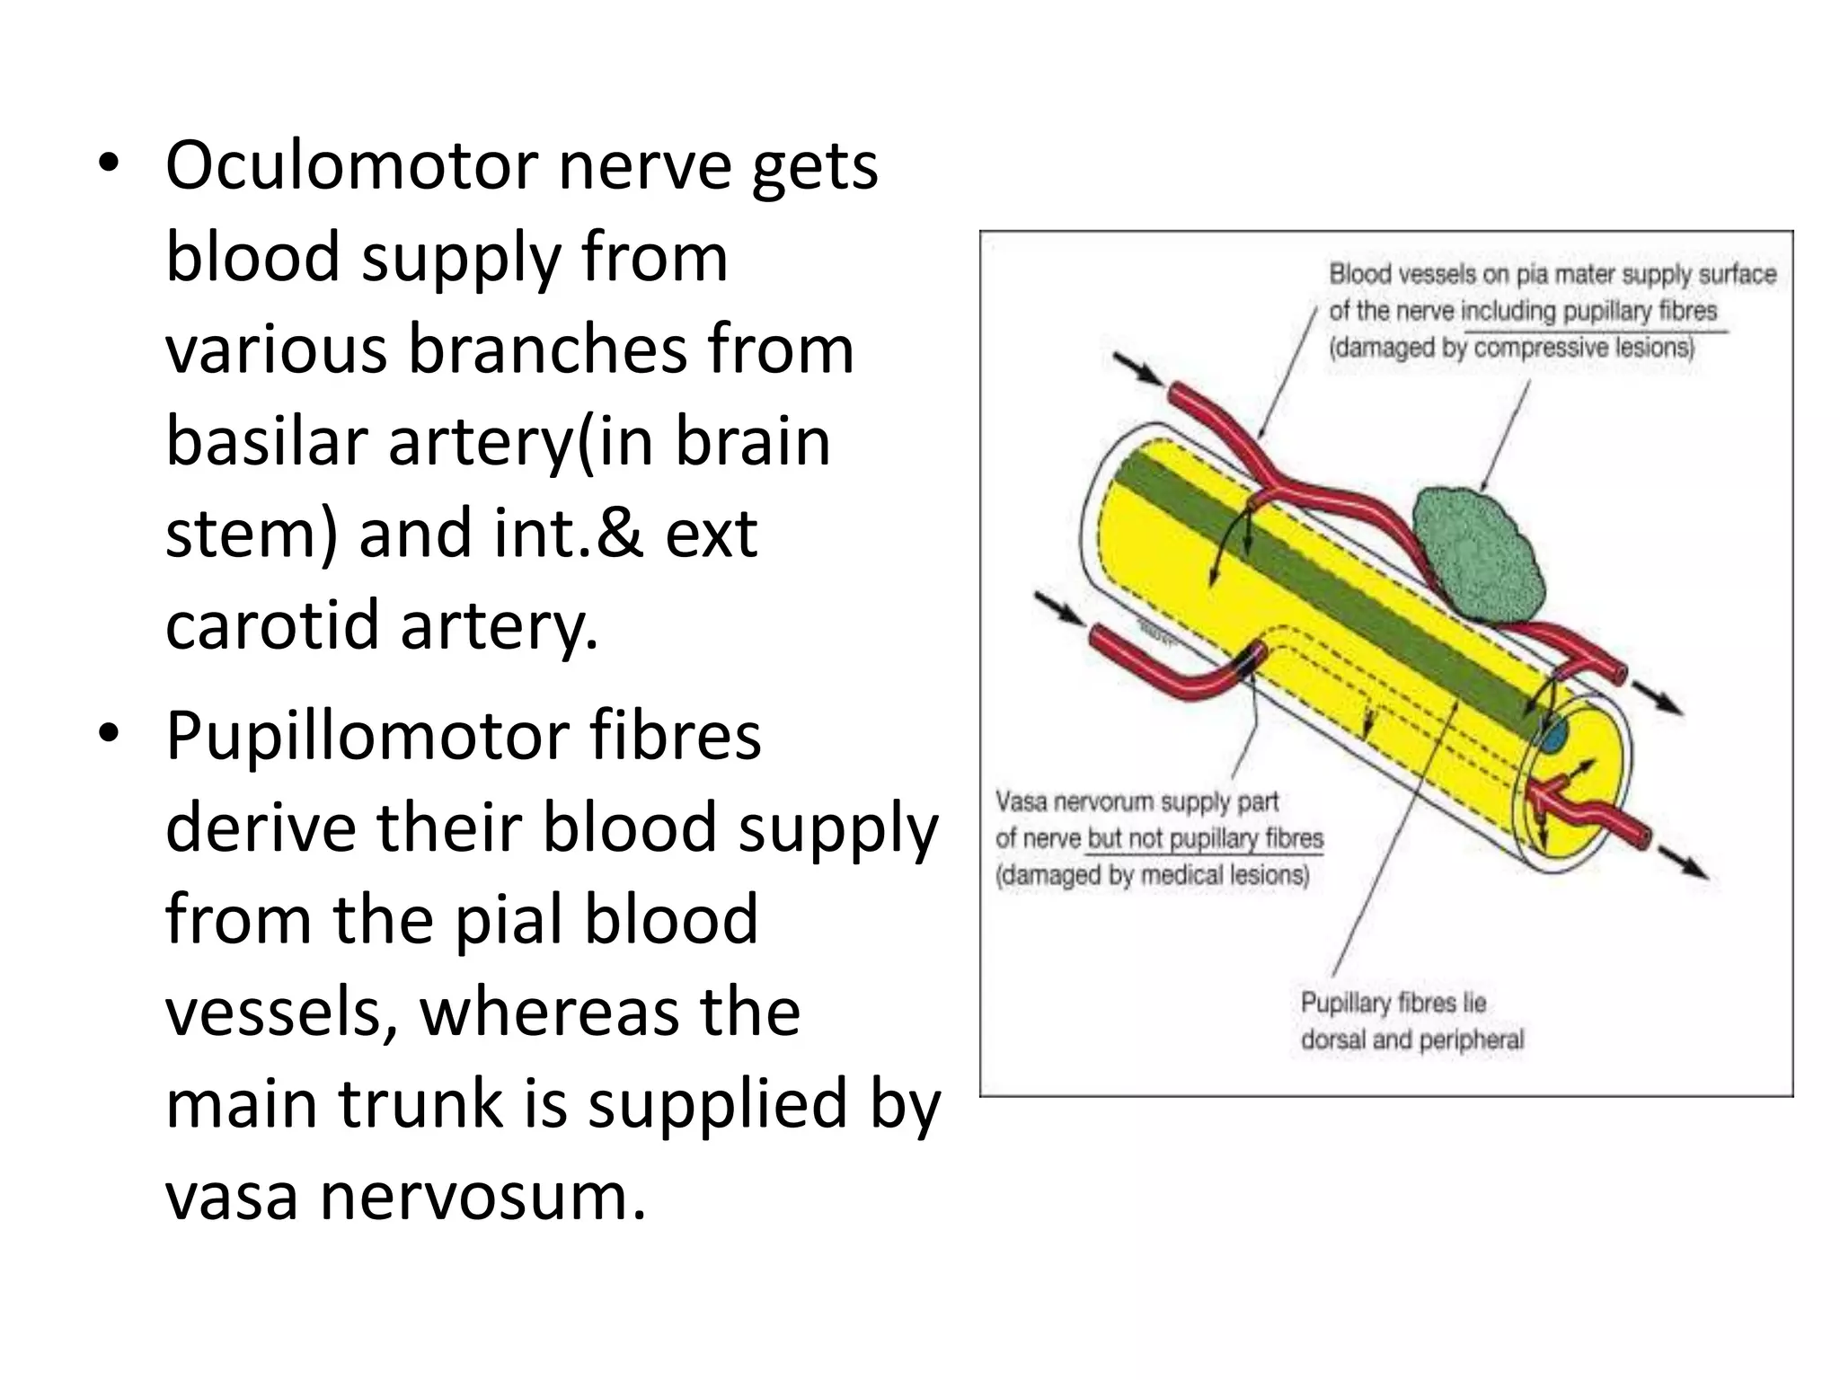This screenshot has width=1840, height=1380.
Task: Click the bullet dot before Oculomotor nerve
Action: pyautogui.click(x=110, y=165)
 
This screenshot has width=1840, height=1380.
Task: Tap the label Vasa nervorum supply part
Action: pyautogui.click(x=1136, y=801)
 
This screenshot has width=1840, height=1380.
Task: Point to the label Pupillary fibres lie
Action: pyautogui.click(x=1393, y=1003)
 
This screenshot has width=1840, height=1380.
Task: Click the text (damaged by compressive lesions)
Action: pyautogui.click(x=1511, y=348)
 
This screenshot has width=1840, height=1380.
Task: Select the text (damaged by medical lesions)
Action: pyautogui.click(x=1152, y=874)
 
